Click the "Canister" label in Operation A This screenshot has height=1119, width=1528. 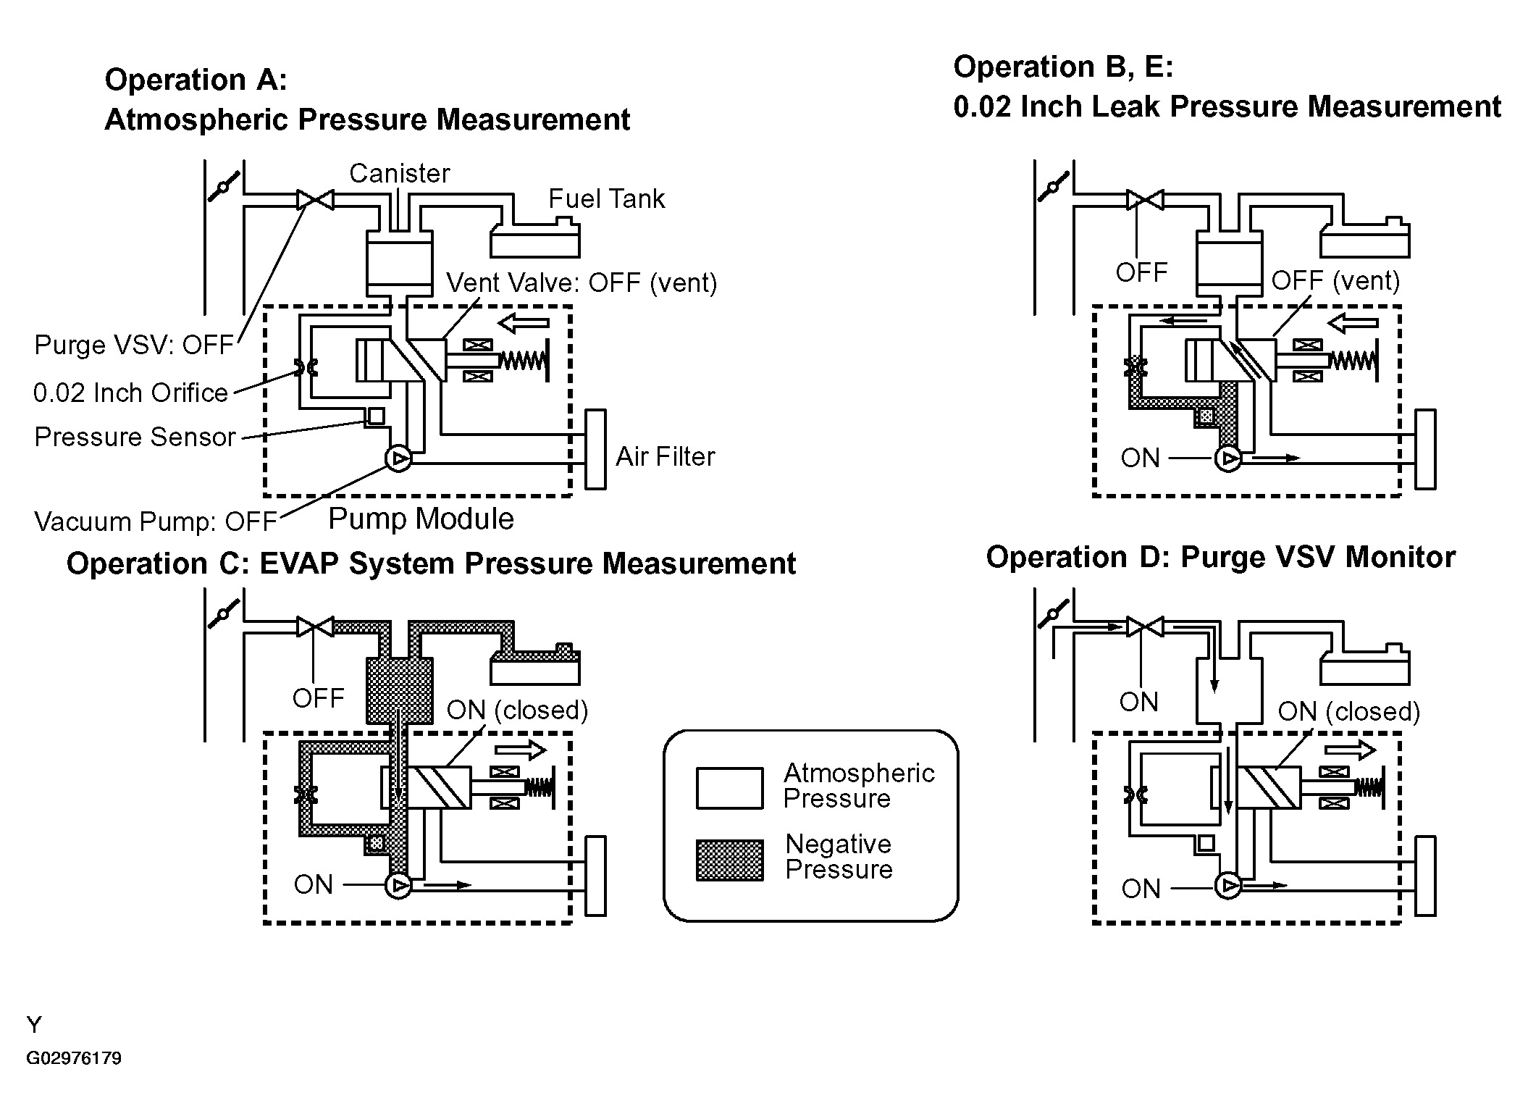399,174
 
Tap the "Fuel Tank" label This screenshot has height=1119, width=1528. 606,199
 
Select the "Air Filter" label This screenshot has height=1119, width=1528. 665,456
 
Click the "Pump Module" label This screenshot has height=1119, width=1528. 421,519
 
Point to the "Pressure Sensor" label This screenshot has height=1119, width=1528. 135,437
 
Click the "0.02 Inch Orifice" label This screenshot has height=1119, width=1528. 130,393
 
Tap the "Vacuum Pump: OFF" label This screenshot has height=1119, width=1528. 156,521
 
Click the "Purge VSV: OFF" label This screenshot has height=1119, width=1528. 134,345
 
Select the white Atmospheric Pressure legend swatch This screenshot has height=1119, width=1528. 729,788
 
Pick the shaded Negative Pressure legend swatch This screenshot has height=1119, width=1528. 729,860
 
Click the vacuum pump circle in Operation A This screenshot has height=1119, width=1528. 398,458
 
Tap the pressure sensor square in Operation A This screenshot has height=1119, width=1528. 377,416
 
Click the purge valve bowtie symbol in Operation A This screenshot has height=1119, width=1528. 315,199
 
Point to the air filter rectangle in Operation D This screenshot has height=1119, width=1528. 1425,876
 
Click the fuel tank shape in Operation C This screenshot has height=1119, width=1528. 535,664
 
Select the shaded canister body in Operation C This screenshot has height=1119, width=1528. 400,690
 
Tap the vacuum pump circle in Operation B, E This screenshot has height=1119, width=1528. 1227,458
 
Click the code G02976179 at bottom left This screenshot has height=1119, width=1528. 74,1058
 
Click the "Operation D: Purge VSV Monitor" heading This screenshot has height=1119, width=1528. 1220,557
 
